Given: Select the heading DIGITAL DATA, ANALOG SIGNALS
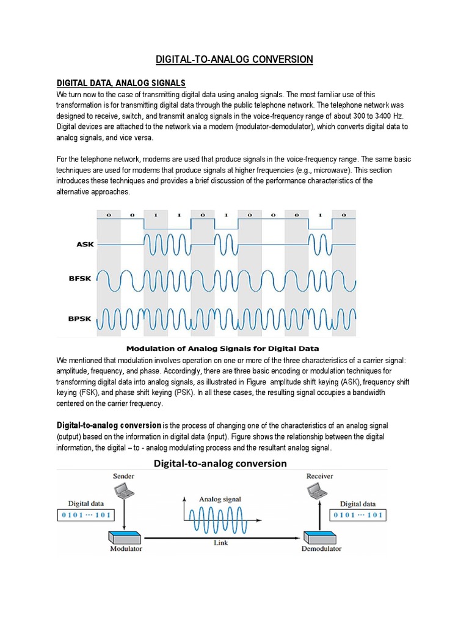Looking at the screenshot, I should click(x=121, y=83).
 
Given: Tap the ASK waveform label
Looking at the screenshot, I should click(x=85, y=245).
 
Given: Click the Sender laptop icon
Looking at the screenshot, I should click(x=123, y=490).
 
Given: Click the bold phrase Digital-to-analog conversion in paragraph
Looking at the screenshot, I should click(x=109, y=425).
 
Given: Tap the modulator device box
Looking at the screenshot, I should click(x=125, y=536).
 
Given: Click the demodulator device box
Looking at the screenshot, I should click(x=318, y=536).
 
